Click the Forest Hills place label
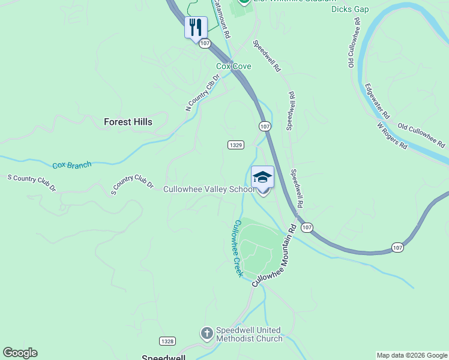(x=128, y=122)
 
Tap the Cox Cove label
(x=234, y=66)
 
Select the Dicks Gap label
(x=350, y=9)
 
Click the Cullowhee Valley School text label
(x=209, y=190)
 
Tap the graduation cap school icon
(x=262, y=177)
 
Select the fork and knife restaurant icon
(x=196, y=27)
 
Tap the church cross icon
(x=206, y=333)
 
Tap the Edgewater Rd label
(x=377, y=100)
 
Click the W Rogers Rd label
(x=392, y=136)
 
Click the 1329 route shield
(x=235, y=145)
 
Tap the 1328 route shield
(x=167, y=341)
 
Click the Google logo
(x=20, y=353)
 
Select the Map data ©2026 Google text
(x=412, y=355)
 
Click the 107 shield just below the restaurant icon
(x=205, y=43)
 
